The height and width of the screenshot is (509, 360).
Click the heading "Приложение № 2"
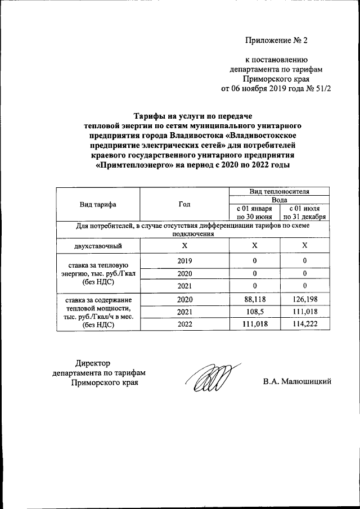[277, 40]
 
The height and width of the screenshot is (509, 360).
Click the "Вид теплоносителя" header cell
[279, 192]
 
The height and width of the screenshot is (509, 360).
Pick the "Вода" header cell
[279, 200]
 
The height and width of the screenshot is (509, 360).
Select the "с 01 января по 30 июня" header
[254, 212]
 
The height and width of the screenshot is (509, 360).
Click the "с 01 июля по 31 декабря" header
[304, 212]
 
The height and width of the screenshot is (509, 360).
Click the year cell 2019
[184, 260]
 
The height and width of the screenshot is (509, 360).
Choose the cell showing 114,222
[304, 325]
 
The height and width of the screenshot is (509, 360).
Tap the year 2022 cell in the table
[184, 325]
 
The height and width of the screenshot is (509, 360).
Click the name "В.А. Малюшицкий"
[296, 382]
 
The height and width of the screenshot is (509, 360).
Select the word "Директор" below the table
[93, 363]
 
